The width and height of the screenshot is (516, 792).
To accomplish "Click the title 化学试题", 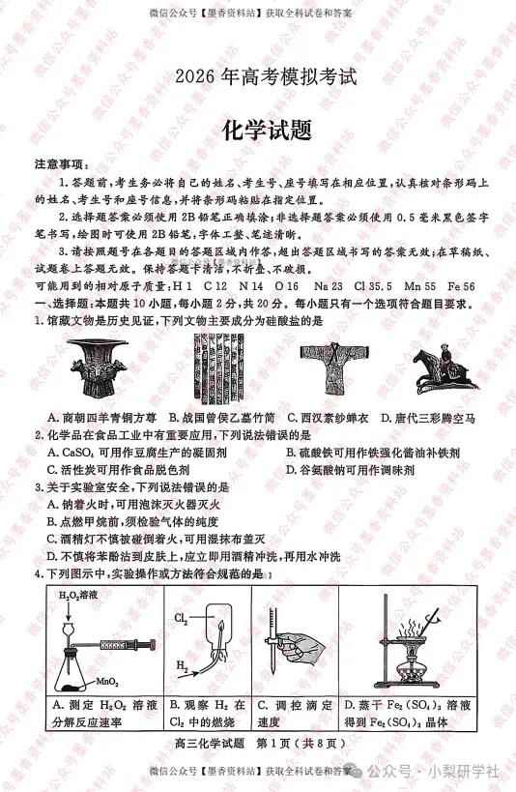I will pos(258,131).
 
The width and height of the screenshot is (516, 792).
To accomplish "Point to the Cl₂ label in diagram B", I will pos(181,617).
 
